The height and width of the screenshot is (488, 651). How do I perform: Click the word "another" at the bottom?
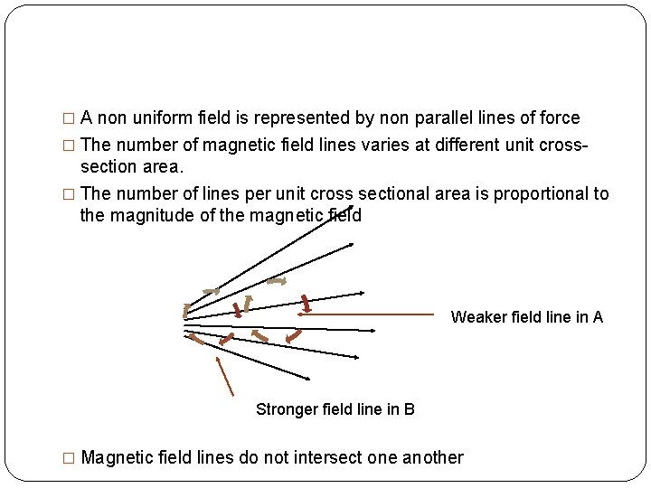428,457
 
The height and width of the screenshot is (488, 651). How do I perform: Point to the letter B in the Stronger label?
410,409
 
